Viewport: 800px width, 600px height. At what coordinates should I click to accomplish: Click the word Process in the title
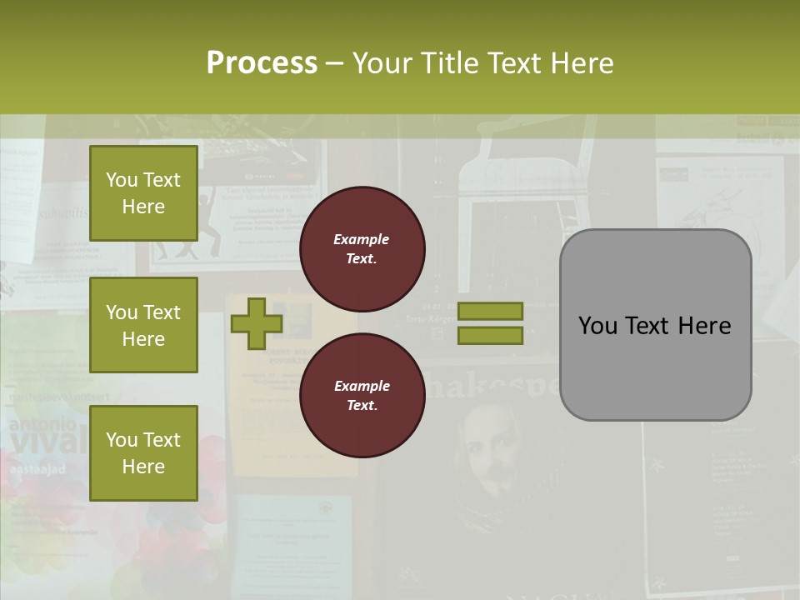point(262,63)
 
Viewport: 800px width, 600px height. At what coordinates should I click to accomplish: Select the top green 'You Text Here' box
point(143,193)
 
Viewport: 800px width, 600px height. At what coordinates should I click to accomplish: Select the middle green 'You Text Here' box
point(143,325)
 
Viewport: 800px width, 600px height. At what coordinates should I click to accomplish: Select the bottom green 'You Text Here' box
point(143,452)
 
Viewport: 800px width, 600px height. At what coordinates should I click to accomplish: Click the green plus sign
point(257,323)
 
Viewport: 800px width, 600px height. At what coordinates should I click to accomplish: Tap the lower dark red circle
point(362,396)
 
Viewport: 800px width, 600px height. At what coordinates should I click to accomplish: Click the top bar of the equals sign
point(490,311)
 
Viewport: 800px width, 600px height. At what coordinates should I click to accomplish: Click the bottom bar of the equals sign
point(490,335)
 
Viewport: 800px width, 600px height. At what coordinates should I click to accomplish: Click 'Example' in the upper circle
point(362,239)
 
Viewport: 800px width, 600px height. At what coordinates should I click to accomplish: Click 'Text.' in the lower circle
point(362,406)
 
